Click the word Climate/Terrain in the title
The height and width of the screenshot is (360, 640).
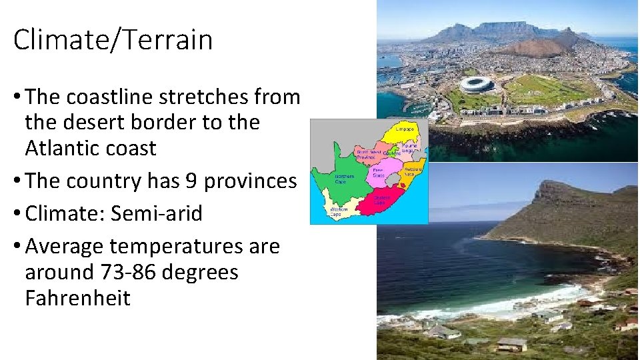[113, 40]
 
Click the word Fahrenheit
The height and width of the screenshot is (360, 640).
[77, 298]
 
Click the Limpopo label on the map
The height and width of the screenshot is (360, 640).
[405, 129]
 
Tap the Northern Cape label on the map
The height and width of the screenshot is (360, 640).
[343, 179]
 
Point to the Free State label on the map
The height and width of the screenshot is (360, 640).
[377, 171]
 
